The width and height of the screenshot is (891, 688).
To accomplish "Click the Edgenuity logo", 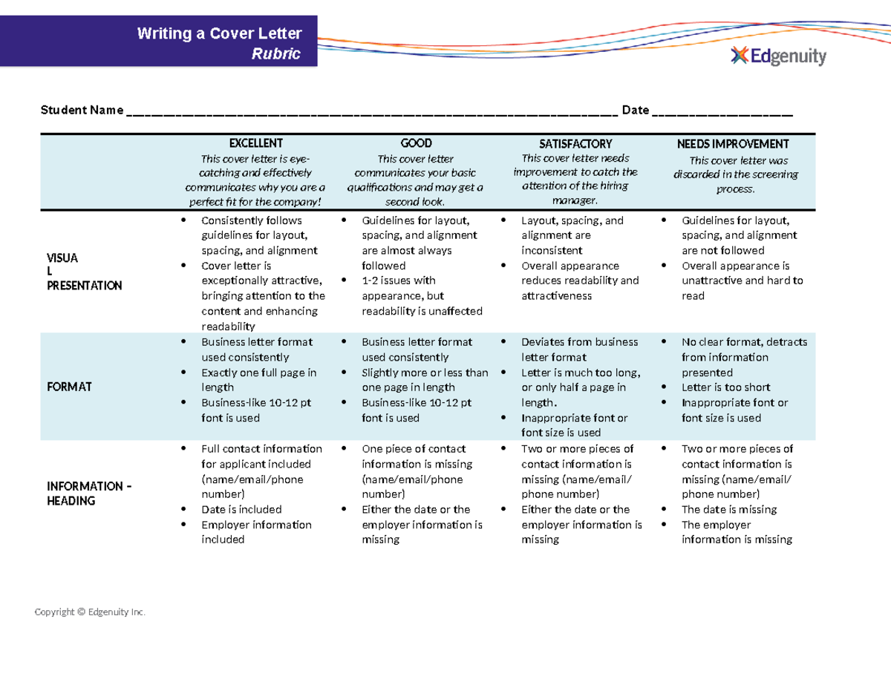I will (x=778, y=56).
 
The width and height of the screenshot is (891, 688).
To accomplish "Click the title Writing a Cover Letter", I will (x=219, y=33).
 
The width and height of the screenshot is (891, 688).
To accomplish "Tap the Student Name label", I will (x=82, y=111).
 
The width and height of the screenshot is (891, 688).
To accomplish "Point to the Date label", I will (x=636, y=111).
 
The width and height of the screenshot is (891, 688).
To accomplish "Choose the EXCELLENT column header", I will (x=255, y=143).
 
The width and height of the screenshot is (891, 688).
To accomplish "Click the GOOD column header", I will (x=416, y=143).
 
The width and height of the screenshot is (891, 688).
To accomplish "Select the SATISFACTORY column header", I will (x=575, y=144).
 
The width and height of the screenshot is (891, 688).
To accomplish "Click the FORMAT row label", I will (x=69, y=387).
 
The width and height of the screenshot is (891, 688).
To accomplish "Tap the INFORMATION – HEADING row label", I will (x=89, y=494).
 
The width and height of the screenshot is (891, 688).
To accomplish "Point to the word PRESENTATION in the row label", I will (x=84, y=286).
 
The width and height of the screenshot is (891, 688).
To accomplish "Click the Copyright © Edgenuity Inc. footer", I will (x=91, y=612).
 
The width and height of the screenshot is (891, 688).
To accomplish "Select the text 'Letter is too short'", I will (x=725, y=387).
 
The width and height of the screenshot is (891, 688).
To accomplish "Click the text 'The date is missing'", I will (x=729, y=509).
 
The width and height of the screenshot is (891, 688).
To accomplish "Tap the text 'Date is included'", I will (x=241, y=509).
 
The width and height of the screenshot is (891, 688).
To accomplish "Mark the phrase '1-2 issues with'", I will (x=398, y=281).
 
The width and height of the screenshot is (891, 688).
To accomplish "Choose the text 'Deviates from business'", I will (x=579, y=342).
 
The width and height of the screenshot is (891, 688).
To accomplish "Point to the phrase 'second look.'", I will (x=415, y=202).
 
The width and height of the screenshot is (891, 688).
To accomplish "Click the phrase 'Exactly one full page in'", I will (x=259, y=373).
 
